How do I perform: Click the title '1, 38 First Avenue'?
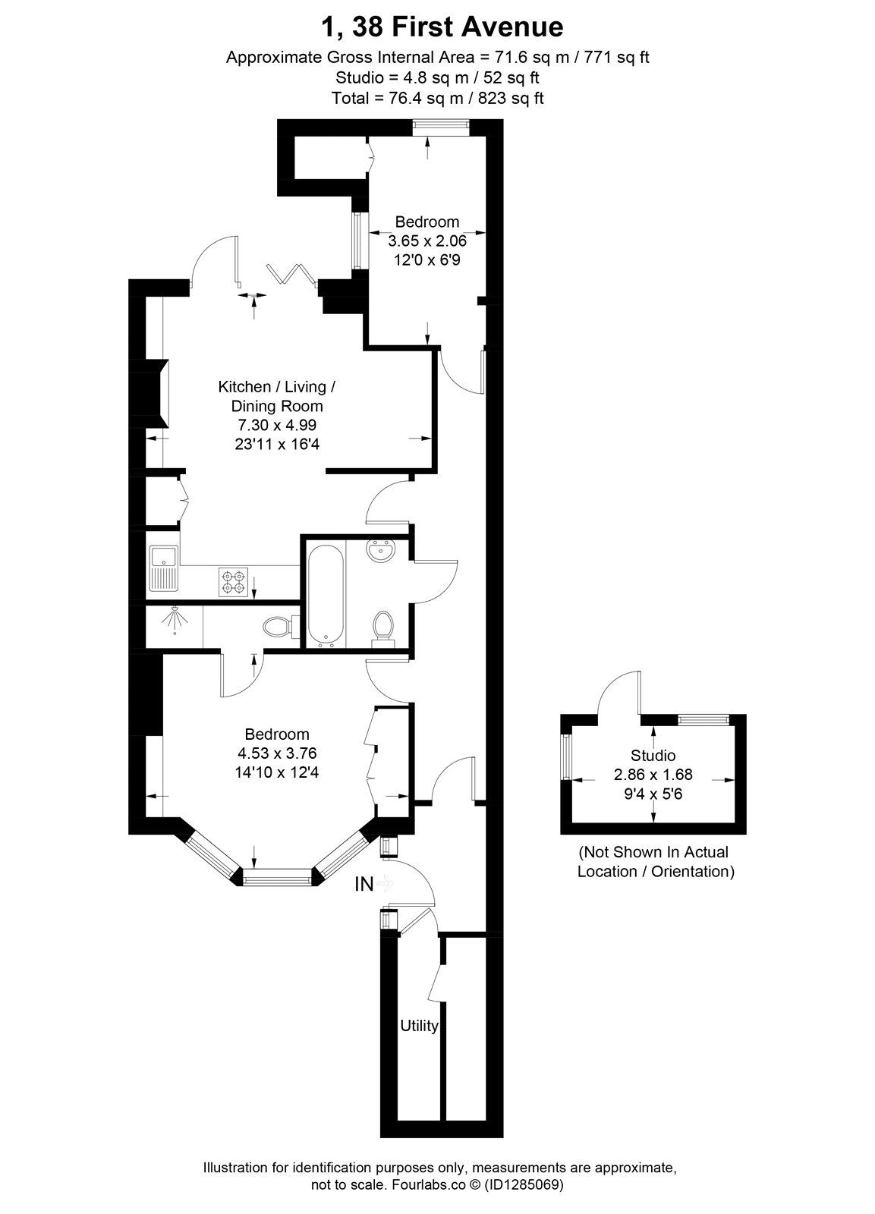point(442,27)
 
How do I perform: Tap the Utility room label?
point(419,1026)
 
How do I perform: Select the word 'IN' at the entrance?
point(364,885)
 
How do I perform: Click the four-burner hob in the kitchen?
point(233,581)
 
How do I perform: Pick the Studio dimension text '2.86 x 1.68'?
point(653,775)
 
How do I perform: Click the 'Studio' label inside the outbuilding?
point(653,755)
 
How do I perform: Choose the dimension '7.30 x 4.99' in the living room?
point(276,425)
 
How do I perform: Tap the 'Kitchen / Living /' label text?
point(276,386)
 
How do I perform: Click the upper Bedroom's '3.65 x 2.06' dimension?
point(427,241)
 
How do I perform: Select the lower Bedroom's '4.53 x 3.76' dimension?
point(276,753)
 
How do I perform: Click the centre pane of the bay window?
point(277,877)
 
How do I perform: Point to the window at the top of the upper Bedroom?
point(440,128)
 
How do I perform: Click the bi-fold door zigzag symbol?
point(292,273)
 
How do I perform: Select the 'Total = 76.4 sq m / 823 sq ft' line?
point(437,98)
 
